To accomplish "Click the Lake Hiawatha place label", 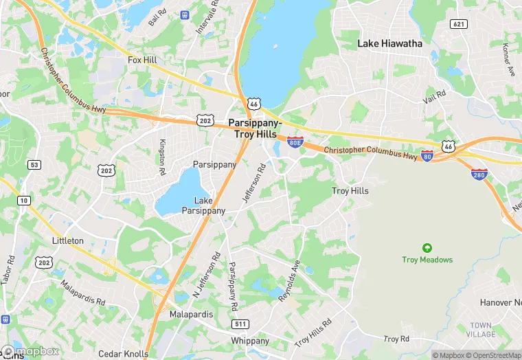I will click(389, 43).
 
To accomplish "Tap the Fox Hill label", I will click(142, 60).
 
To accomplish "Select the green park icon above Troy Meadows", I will click(427, 248).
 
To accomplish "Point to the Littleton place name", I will click(68, 240).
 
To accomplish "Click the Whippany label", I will click(250, 341).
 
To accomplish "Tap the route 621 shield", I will click(459, 24).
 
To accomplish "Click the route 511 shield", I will click(240, 324).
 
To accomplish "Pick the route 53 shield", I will click(34, 165).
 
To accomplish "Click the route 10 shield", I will click(23, 200).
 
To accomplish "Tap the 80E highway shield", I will click(295, 143).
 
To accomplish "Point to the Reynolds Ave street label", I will click(289, 281).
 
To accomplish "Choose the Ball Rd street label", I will click(157, 18).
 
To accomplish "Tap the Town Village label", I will click(481, 329).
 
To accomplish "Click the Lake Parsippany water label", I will click(203, 205).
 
